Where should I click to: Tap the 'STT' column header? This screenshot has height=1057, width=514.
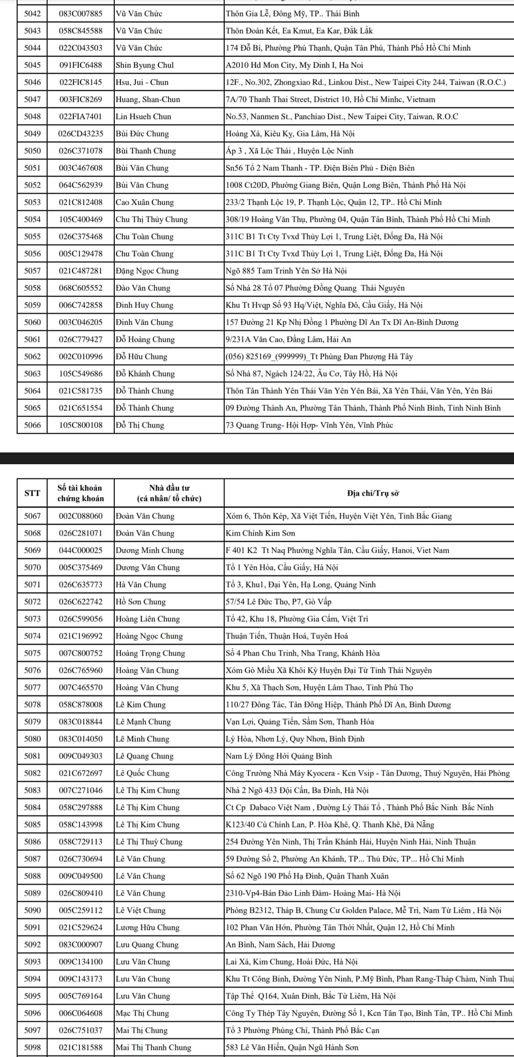coord(32,493)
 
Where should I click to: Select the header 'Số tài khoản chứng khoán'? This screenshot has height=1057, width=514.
coord(80,493)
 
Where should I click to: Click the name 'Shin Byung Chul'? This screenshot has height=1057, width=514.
coord(145,65)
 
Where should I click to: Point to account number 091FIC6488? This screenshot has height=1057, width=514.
coord(80,65)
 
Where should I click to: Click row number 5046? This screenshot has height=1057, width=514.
coord(32,82)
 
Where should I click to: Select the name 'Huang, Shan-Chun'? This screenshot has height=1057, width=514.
coord(148,100)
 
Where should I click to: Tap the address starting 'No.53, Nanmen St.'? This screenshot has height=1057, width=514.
coord(342,117)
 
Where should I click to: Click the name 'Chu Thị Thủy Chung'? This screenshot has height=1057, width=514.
coord(152,219)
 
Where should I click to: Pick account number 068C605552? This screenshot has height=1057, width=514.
coord(80,288)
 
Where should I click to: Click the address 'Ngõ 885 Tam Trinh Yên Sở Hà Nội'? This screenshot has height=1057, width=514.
coord(286,271)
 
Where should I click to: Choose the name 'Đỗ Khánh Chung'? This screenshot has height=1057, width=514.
coord(145,374)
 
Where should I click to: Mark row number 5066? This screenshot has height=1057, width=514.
coord(32,425)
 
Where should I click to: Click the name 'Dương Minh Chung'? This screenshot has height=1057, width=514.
coord(150,550)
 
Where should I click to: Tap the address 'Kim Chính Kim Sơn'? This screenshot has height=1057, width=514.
coord(260,533)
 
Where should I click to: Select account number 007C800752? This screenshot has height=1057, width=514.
coord(80,653)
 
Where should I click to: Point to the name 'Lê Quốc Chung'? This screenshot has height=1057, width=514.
coord(143,773)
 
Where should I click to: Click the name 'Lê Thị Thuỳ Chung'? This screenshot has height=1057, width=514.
coord(149,842)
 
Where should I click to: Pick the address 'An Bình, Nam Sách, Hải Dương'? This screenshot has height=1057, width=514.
coord(280,945)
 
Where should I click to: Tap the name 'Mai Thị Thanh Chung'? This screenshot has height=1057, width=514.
coord(154,1047)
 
